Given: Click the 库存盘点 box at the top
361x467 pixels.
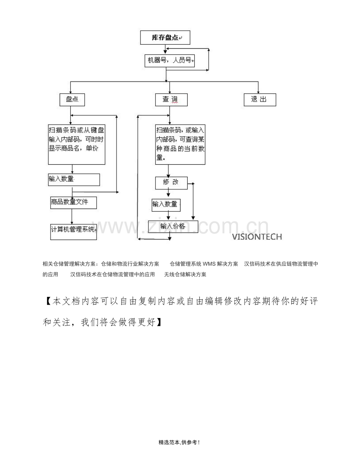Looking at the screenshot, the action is (x=165, y=38).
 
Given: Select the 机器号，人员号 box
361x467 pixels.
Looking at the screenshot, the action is (x=170, y=61).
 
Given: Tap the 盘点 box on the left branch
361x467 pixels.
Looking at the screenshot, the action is (x=72, y=100).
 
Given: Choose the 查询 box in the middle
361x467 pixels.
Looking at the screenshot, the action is (x=171, y=100).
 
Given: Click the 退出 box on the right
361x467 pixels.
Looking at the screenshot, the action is (x=260, y=100).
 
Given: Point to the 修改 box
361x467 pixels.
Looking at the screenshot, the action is (x=171, y=183).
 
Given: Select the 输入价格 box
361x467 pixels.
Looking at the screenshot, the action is (x=173, y=226).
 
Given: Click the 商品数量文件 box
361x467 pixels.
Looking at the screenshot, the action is (x=73, y=203).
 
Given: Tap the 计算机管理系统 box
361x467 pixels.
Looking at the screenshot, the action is (x=73, y=232).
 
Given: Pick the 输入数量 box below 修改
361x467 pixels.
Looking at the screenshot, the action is (x=166, y=205).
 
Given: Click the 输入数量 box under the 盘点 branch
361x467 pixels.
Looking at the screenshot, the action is (x=74, y=180).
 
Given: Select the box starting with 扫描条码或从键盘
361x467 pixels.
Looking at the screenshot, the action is (x=77, y=144).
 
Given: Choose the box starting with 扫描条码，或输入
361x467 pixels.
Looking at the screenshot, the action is (x=180, y=144).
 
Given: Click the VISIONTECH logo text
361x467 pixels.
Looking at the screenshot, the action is (x=257, y=237).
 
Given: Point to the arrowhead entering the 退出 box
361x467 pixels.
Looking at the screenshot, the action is (x=258, y=92).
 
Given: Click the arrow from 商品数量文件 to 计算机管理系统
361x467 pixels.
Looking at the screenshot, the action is (x=72, y=216).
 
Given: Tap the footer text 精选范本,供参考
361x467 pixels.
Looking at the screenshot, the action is (x=179, y=442).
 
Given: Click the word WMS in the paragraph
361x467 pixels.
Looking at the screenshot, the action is (x=209, y=264).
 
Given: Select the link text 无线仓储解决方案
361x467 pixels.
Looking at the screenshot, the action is (x=185, y=274).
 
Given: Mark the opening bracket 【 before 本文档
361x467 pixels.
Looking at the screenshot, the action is (x=48, y=302).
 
